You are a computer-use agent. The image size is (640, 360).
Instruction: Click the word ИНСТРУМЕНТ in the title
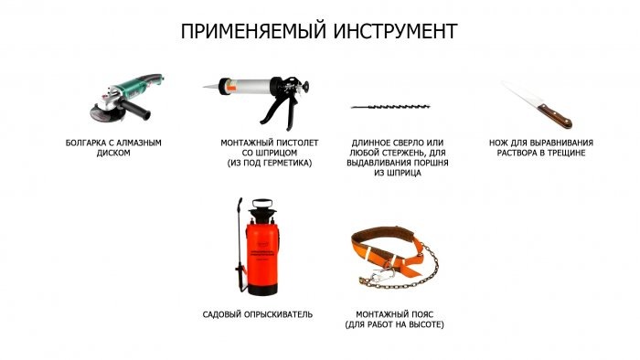coord(395,31)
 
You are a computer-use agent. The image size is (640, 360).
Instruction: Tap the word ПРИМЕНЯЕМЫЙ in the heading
coord(253,32)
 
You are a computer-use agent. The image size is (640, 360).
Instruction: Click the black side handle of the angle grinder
coord(134,109)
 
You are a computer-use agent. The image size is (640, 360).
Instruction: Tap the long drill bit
coord(390,107)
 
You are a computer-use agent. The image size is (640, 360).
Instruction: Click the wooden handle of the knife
coord(555,116)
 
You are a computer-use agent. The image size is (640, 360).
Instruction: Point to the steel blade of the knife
coord(521,95)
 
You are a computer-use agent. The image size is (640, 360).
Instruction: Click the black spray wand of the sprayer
coord(240,245)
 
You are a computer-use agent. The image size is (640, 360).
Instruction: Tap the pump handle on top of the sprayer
coord(262,203)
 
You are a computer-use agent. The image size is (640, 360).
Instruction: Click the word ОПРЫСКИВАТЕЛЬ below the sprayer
coord(278,314)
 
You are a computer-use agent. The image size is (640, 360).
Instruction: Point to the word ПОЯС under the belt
coord(421,314)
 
